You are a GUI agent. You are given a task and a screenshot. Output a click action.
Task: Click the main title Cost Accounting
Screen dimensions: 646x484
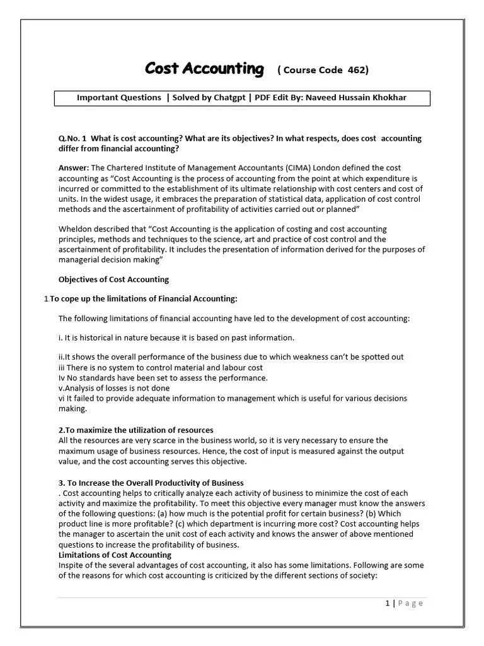(x=204, y=69)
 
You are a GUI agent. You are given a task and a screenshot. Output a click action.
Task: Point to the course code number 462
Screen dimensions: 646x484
(x=354, y=70)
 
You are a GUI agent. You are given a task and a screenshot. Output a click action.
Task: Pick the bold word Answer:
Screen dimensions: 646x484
(x=74, y=168)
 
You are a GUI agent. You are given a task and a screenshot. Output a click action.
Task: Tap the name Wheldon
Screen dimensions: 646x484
(x=76, y=229)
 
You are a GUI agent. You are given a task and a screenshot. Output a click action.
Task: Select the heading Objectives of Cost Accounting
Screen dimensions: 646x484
(x=113, y=279)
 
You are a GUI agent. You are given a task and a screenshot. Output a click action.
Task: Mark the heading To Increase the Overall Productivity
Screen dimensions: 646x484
(x=151, y=483)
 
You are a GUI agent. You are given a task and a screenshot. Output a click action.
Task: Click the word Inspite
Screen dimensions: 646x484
(x=72, y=565)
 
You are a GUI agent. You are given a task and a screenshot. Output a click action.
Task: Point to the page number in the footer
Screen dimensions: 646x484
(x=388, y=603)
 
